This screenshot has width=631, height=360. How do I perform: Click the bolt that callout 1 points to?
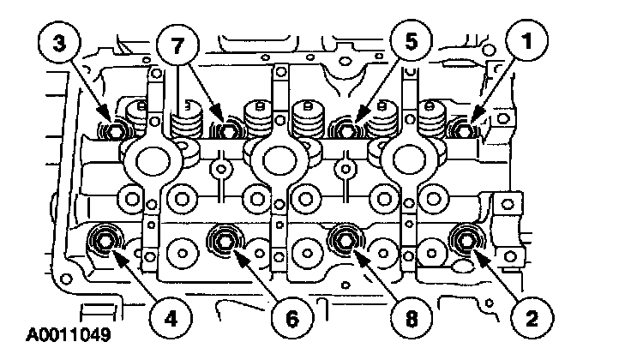point(464,130)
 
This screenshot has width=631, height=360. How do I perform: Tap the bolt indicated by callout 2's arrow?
point(470,241)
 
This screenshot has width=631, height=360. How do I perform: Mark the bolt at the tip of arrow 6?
point(226,242)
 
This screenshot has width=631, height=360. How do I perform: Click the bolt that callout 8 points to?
point(346,241)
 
